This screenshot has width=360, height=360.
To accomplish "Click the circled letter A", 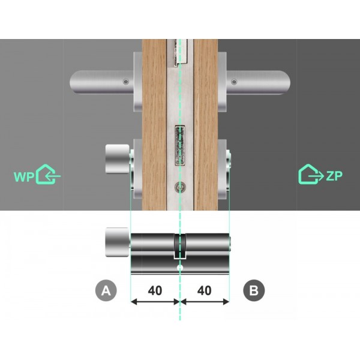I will pos(106,291).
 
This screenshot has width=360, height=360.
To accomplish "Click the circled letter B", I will pos(254,291).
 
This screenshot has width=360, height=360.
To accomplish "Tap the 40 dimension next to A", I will pos(155,290).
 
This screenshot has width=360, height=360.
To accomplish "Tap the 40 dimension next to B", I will pos(205,290).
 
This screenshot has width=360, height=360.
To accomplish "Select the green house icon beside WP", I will pos(48,175).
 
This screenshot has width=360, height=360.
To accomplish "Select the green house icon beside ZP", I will pos(310,174).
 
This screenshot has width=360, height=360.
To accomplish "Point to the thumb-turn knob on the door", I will pos(116,157).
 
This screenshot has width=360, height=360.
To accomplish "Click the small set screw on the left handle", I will pos(125,82).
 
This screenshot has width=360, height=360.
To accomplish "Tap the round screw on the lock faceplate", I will pos(179,187).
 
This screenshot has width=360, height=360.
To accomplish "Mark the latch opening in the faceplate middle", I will pos(179,146).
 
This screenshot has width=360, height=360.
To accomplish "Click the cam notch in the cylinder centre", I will pos(179,247).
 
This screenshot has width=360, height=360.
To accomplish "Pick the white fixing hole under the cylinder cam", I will pos(179,265).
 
